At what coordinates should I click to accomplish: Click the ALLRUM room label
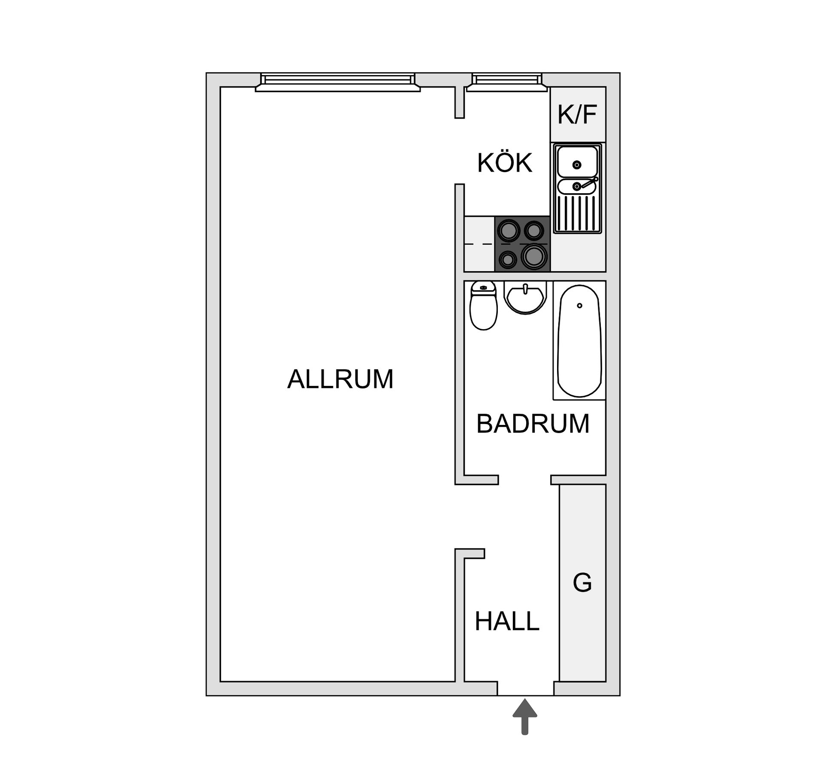[x=340, y=379]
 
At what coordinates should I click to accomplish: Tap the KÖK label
[x=504, y=163]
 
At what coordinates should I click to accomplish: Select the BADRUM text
[x=533, y=424]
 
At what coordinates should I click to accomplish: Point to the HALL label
[x=506, y=621]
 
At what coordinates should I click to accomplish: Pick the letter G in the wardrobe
[x=582, y=583]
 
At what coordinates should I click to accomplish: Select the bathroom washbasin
[x=525, y=297]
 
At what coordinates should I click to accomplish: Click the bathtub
[x=579, y=341]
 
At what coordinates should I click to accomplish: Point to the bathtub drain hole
[x=579, y=306]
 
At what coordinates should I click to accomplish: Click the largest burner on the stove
[x=534, y=257]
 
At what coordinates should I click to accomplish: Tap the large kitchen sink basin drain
[x=577, y=164]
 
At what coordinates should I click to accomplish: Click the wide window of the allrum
[x=338, y=82]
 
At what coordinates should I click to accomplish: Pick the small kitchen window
[x=507, y=82]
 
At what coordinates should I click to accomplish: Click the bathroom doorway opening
[x=524, y=480]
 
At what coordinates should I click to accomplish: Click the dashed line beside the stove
[x=479, y=244]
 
